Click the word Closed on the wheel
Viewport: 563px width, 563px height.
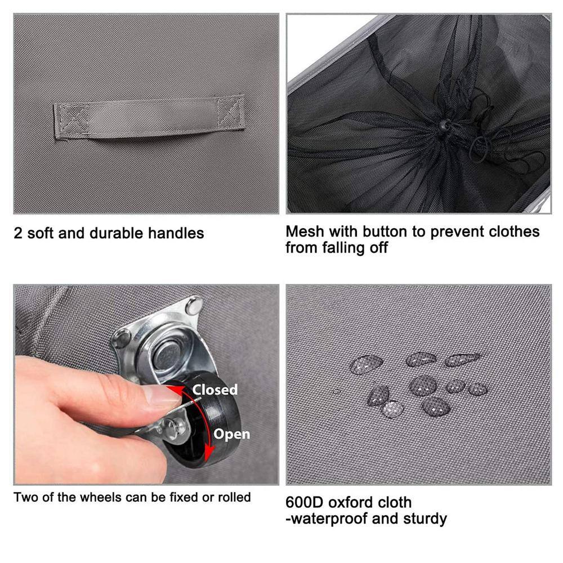pos(215,390)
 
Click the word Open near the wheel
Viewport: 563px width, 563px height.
pos(231,434)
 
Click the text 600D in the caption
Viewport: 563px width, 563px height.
pos(304,503)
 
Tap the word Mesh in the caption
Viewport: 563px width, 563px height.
pos(305,231)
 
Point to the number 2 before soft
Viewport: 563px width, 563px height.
pos(18,234)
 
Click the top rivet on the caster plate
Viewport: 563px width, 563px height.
pos(194,306)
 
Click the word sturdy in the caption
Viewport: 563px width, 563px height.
pos(425,519)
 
